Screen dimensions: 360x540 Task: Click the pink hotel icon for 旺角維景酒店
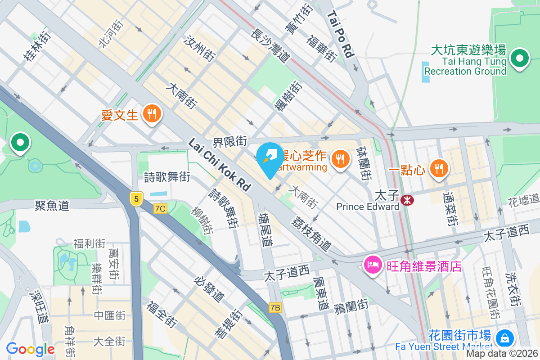(x=373, y=265)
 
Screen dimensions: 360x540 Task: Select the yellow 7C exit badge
(x=160, y=209)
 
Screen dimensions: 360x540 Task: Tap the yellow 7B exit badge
(x=275, y=308)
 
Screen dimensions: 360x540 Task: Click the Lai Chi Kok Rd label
(x=219, y=165)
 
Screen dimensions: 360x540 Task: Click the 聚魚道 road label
(x=52, y=206)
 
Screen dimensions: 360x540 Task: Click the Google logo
(x=30, y=349)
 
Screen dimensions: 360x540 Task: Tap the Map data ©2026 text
(x=502, y=354)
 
